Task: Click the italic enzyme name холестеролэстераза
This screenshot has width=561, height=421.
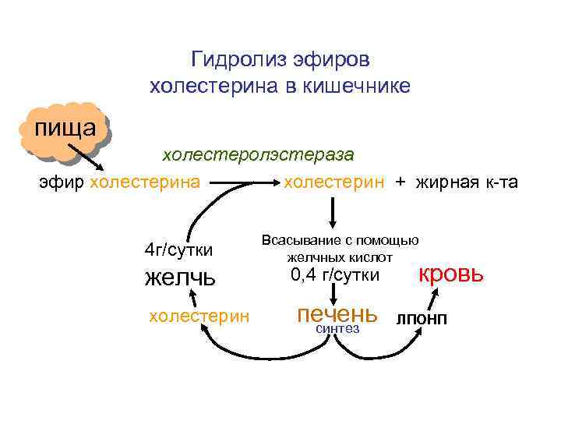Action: pyautogui.click(x=257, y=154)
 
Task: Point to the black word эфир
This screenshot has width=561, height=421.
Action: pyautogui.click(x=62, y=183)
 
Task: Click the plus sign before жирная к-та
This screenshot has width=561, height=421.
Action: pyautogui.click(x=400, y=183)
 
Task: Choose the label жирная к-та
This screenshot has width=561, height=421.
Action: pyautogui.click(x=469, y=183)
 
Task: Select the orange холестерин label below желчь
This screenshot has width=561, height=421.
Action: pyautogui.click(x=199, y=316)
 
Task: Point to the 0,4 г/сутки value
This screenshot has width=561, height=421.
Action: pyautogui.click(x=335, y=274)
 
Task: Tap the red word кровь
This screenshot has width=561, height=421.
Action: pyautogui.click(x=452, y=274)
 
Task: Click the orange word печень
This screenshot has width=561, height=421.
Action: pyautogui.click(x=337, y=313)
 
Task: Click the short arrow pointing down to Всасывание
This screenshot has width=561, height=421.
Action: pyautogui.click(x=333, y=210)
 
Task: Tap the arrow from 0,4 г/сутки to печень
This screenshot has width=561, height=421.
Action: pyautogui.click(x=333, y=292)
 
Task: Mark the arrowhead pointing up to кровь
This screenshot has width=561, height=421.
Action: pyautogui.click(x=440, y=292)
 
